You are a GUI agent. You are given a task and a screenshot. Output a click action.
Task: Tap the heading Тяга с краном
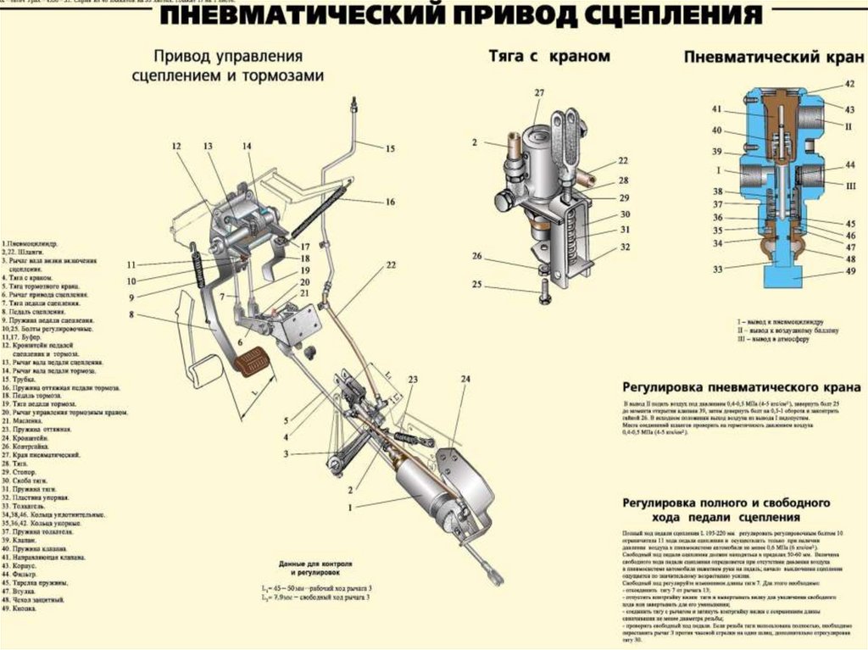548,56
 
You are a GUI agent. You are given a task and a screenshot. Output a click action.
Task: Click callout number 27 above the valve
539,92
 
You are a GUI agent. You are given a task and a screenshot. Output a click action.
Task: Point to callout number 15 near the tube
390,148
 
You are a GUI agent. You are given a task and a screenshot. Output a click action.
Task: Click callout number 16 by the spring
390,202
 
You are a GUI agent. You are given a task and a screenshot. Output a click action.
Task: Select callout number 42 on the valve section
849,84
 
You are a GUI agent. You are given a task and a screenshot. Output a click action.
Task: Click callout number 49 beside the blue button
850,271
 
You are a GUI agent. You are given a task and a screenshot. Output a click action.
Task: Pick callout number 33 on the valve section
717,270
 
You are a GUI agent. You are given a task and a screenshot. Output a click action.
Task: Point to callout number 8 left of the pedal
132,314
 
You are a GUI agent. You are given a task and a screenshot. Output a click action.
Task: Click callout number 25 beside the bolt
476,284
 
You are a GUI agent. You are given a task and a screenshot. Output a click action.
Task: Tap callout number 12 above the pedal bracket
176,147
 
